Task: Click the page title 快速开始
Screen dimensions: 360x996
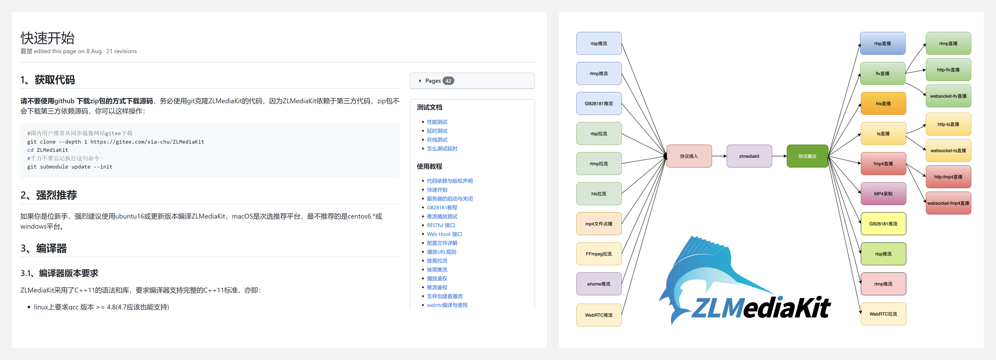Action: [48, 38]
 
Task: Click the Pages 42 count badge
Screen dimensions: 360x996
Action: [448, 81]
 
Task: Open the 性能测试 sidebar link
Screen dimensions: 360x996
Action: [437, 122]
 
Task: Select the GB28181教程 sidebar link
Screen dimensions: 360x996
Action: [442, 208]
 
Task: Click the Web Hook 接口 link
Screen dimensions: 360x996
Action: [444, 234]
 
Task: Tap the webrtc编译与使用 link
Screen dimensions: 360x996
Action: [447, 305]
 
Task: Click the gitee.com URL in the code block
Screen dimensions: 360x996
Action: [147, 142]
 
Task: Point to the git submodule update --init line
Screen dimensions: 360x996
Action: [70, 167]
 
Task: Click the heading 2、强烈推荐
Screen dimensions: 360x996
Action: [49, 195]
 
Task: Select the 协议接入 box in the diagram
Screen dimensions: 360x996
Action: [689, 156]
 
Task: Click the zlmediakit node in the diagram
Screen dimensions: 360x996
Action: [749, 156]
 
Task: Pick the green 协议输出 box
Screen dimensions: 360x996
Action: [807, 156]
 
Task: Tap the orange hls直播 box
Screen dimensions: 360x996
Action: [883, 104]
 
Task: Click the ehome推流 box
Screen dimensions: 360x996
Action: [599, 284]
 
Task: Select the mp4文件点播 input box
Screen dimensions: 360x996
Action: [599, 224]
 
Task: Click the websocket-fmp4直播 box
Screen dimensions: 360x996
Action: [948, 203]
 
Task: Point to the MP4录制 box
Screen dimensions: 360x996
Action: [883, 194]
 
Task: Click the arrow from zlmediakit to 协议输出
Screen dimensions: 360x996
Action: [779, 156]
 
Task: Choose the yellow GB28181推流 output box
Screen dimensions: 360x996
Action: [883, 224]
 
